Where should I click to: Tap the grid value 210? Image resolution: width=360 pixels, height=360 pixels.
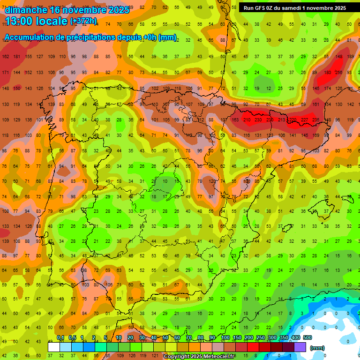point(247,120)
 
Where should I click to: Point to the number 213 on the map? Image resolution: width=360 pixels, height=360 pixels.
point(281,120)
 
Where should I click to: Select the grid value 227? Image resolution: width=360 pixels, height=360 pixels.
point(304,120)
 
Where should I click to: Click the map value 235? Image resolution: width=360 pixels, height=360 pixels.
point(316,120)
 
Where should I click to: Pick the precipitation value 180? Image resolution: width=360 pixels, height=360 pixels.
point(327,73)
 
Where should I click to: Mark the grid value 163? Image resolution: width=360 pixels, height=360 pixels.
point(235,120)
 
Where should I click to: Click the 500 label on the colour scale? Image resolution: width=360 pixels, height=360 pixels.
point(307,338)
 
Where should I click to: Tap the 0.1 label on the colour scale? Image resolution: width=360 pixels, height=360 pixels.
point(60,338)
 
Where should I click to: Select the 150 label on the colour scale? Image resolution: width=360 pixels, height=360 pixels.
point(237,338)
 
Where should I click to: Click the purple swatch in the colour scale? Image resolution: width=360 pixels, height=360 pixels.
point(300,347)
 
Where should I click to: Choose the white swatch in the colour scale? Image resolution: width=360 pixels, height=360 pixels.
point(53,347)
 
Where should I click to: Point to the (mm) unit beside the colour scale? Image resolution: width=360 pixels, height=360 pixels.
point(317,348)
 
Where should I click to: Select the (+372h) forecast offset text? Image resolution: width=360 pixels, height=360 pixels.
point(83,21)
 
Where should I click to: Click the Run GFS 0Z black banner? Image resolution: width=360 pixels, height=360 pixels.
point(294,7)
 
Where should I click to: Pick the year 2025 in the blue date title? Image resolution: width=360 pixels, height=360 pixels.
point(119,10)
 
